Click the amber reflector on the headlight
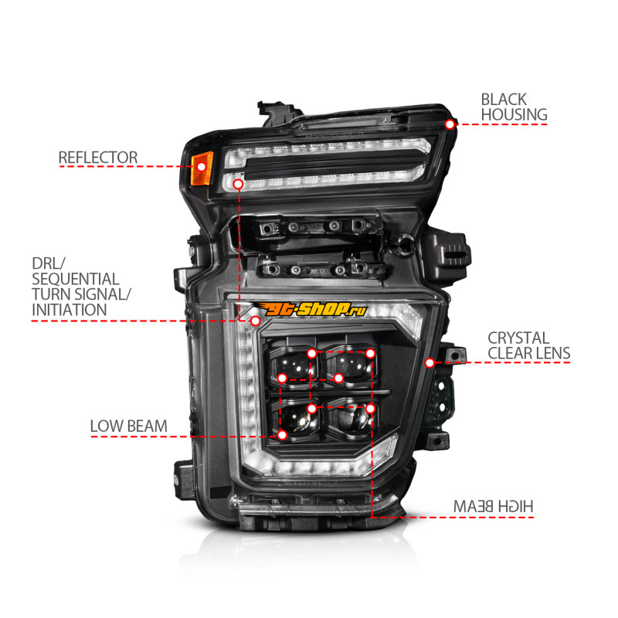coord(202,168)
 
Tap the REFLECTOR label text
coord(98,158)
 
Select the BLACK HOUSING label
coord(514,107)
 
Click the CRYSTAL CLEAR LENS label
coord(529,345)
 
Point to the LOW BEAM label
coord(128,426)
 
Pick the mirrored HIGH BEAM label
coord(493,507)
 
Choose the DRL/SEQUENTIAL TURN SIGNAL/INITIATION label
coord(81,287)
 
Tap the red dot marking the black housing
coord(450,124)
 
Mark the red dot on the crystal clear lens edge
coord(430,362)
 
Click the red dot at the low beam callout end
coord(282,435)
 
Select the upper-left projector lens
coord(294,365)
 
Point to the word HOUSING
coord(514,114)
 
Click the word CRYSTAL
coord(518,338)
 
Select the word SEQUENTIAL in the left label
coord(75,279)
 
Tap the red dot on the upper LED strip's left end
coord(238,184)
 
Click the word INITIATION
coord(70,310)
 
